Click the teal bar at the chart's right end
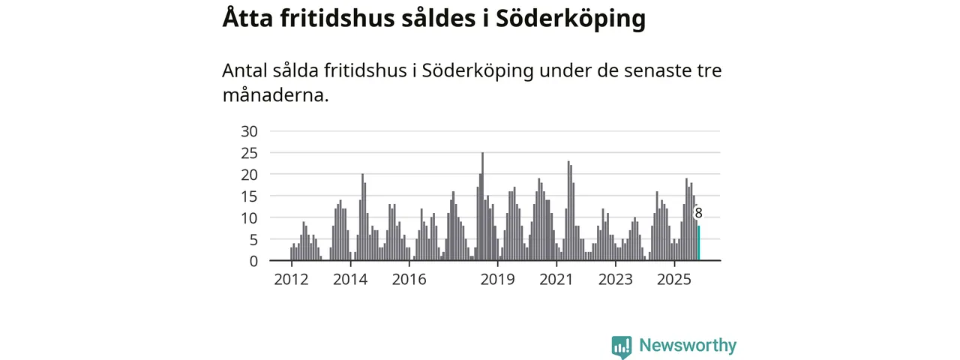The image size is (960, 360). coord(699,243)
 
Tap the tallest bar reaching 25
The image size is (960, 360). coord(482,206)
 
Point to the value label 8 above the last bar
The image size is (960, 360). coord(698,213)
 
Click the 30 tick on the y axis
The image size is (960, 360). coord(249,131)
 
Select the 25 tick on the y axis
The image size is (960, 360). coord(249,153)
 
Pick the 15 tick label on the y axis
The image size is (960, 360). coord(249,196)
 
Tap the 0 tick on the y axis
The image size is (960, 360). coord(253,261)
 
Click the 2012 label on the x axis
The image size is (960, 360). coord(291,280)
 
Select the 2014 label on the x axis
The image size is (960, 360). coord(350,280)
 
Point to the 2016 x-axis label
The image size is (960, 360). coord(409,280)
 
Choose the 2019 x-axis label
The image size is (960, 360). coord(497,280)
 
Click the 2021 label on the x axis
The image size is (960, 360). coord(556,280)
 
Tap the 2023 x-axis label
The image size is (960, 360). coord(615,280)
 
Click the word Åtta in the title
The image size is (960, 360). coord(247,19)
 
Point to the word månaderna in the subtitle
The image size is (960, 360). coord(275,95)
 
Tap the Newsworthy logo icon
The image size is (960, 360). coord(621,346)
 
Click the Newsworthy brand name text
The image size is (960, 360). coord(688,346)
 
